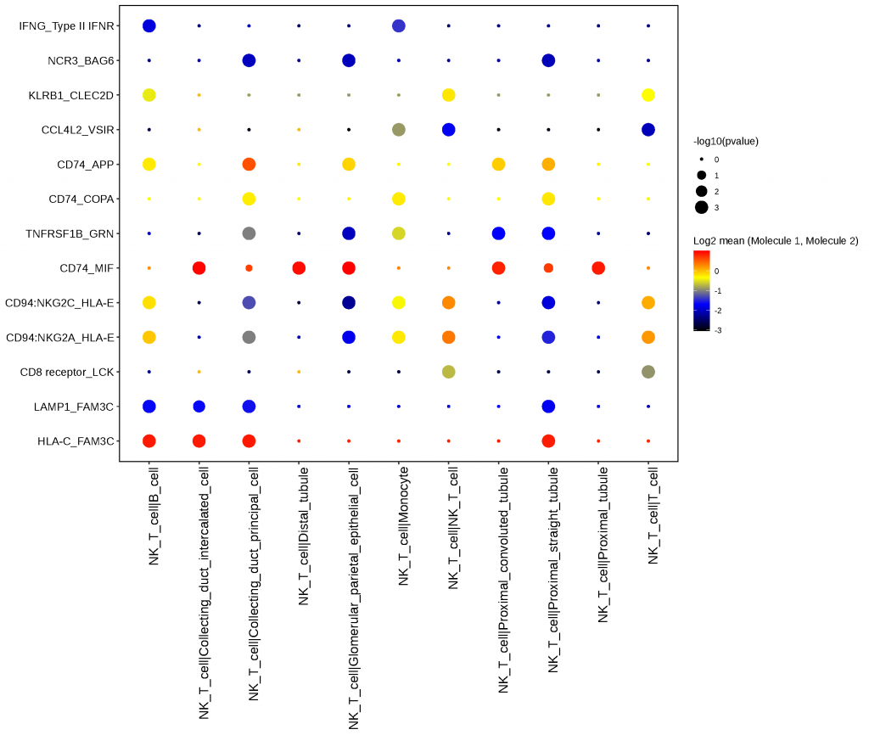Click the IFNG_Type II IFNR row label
66,26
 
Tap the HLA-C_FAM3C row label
76,441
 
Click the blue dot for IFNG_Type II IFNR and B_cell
149,26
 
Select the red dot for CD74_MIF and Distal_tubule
299,268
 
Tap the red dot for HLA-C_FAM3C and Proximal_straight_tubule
548,440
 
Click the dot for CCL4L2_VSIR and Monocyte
398,130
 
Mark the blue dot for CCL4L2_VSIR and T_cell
648,130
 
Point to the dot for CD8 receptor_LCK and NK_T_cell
448,372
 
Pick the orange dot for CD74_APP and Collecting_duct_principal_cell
249,164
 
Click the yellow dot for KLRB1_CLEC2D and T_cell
648,95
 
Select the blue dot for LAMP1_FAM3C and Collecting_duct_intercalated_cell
199,407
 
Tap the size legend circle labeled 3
702,207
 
